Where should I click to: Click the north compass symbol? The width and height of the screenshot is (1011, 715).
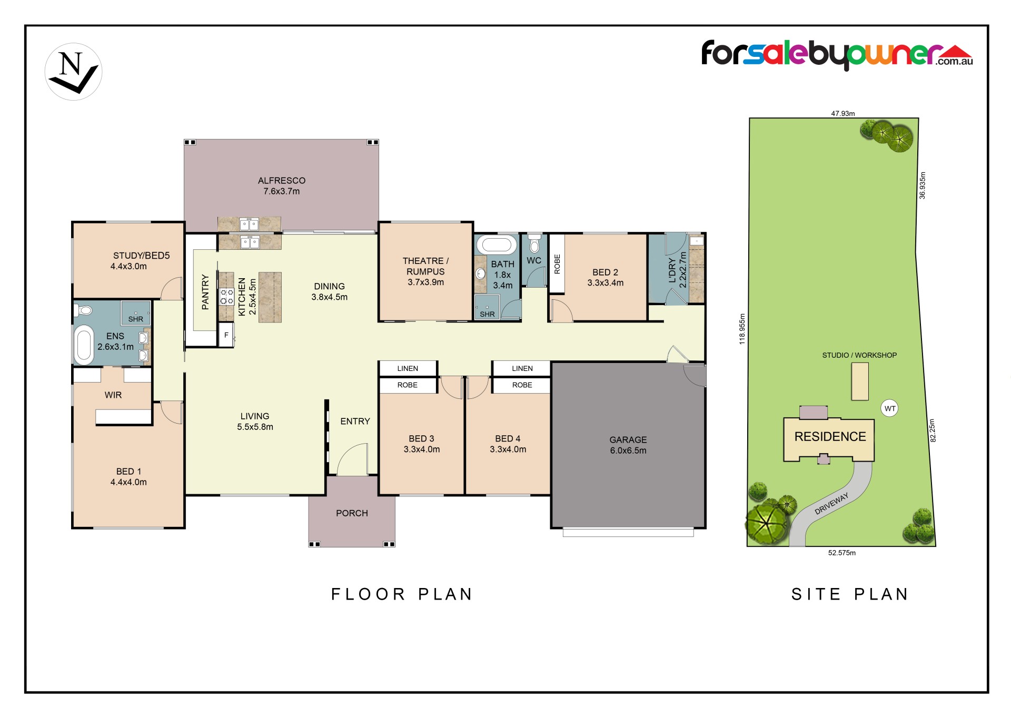73,72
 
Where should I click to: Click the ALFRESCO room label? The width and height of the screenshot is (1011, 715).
282,181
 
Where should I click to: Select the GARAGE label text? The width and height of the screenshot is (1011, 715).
628,439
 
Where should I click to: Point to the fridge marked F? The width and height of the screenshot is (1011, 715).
226,335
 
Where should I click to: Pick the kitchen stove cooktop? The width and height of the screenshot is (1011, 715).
227,297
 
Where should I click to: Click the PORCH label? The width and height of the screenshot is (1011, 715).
352,513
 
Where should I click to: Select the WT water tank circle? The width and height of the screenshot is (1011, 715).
890,408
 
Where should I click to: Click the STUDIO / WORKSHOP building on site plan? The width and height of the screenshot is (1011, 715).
860,381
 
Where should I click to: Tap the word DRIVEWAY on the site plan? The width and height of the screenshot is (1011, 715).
832,504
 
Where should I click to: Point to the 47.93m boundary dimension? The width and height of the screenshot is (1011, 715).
843,113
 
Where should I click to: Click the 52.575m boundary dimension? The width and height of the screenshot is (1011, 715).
842,553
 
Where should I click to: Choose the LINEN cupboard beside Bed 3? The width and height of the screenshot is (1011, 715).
408,368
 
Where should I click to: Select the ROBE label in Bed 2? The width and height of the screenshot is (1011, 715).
557,264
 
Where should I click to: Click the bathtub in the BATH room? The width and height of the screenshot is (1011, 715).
497,245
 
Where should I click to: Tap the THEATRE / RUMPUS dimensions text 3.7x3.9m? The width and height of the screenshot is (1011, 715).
425,282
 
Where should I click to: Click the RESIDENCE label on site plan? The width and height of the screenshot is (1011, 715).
830,437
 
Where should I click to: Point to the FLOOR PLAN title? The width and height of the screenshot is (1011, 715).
402,594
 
